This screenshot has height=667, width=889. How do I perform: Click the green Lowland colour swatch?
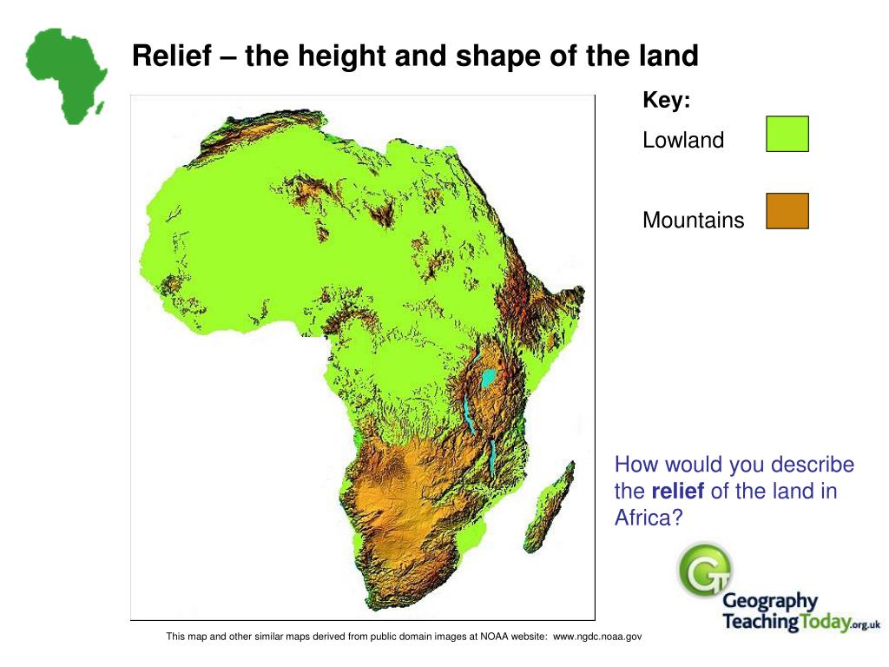click(x=787, y=135)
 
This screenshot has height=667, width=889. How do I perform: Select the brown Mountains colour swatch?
click(x=787, y=211)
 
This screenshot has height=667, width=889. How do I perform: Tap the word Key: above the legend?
click(x=666, y=101)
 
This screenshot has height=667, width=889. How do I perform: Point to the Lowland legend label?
click(x=682, y=141)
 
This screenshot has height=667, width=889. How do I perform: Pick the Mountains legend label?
click(x=693, y=221)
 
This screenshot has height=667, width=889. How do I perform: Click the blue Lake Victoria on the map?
click(x=489, y=379)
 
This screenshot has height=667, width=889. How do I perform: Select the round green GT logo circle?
click(x=704, y=571)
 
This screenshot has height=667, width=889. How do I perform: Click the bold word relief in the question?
click(x=677, y=492)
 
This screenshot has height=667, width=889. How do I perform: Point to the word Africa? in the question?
click(x=649, y=518)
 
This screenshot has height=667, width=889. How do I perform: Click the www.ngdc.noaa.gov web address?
click(x=598, y=637)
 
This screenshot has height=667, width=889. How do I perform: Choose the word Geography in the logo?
click(x=770, y=602)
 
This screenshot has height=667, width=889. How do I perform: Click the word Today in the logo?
click(x=820, y=622)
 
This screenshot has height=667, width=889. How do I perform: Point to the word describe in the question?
click(x=812, y=466)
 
